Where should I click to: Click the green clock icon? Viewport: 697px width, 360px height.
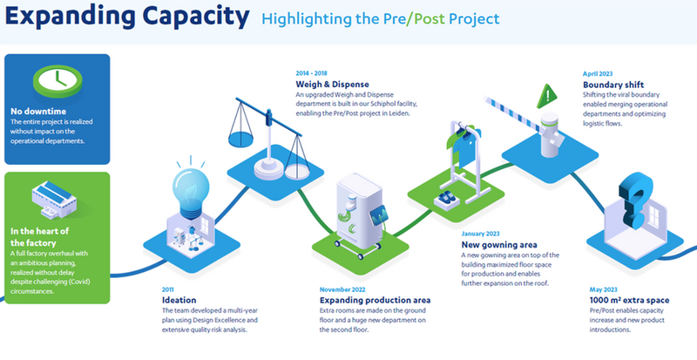pyautogui.click(x=58, y=81)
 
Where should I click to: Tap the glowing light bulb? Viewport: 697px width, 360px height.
pyautogui.click(x=191, y=188)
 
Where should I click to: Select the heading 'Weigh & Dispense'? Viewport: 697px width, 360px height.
pyautogui.click(x=333, y=84)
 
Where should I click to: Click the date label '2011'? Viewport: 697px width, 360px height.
pyautogui.click(x=168, y=289)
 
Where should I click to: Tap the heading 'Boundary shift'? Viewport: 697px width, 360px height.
pyautogui.click(x=613, y=85)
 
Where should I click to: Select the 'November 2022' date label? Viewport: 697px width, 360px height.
pyautogui.click(x=342, y=289)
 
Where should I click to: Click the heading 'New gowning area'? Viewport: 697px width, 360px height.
pyautogui.click(x=499, y=245)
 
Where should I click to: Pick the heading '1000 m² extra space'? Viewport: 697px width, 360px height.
pyautogui.click(x=629, y=300)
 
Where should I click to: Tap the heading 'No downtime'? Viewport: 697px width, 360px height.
pyautogui.click(x=38, y=112)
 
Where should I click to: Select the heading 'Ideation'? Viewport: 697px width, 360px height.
pyautogui.click(x=179, y=301)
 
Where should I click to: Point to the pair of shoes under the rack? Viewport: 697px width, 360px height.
pyautogui.click(x=447, y=199)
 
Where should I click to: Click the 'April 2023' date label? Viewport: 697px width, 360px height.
pyautogui.click(x=598, y=74)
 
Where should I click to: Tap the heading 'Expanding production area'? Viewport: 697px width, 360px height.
pyautogui.click(x=375, y=301)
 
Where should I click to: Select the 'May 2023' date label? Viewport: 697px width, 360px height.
pyautogui.click(x=603, y=289)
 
